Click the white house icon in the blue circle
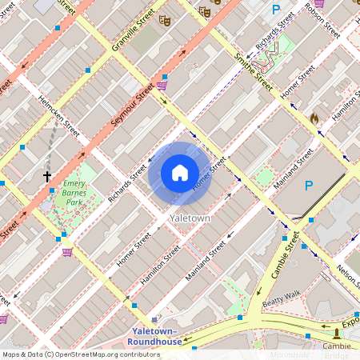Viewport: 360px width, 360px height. tap(180, 172)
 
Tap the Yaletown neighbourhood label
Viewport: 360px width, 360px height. tap(190, 218)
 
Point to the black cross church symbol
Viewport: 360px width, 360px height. tap(47, 175)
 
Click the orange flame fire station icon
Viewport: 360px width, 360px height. tap(314, 118)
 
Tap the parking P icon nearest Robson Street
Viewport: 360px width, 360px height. tap(276, 10)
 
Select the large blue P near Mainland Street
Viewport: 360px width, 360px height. tap(309, 186)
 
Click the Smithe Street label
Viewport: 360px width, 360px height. tap(247, 69)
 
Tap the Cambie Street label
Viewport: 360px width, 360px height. tap(285, 254)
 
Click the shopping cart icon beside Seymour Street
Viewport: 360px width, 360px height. tap(162, 84)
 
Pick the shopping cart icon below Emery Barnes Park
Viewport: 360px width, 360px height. tap(67, 252)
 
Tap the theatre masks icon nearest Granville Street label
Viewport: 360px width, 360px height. tap(164, 19)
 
